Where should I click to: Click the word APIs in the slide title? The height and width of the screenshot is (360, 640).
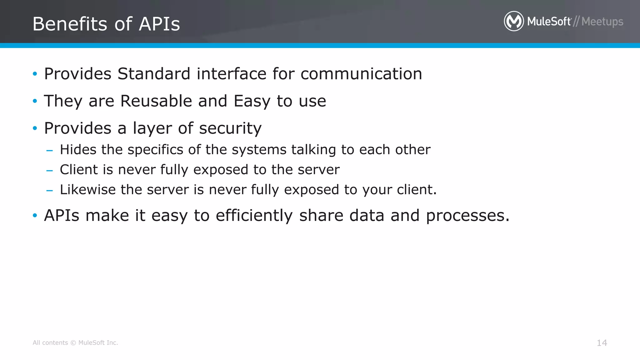(159, 24)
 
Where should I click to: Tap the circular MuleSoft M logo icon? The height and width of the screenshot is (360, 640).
(514, 21)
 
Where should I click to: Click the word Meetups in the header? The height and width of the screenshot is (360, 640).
(602, 22)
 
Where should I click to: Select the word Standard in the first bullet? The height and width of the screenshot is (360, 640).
(154, 74)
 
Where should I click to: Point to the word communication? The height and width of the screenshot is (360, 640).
(361, 74)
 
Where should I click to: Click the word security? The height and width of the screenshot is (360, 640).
(230, 128)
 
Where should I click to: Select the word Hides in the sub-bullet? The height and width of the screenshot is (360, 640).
(78, 150)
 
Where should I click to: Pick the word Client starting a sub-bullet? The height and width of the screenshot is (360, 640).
(79, 170)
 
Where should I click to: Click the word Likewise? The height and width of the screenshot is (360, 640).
(88, 190)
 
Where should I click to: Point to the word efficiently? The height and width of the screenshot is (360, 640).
(254, 216)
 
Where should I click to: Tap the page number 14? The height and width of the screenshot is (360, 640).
(602, 343)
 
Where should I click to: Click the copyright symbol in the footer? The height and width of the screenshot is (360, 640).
(73, 343)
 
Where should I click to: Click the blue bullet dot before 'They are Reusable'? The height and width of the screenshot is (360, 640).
(35, 101)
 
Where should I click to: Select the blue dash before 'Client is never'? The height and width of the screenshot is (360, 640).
(49, 171)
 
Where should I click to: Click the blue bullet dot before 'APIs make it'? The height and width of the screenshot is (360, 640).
(35, 215)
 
